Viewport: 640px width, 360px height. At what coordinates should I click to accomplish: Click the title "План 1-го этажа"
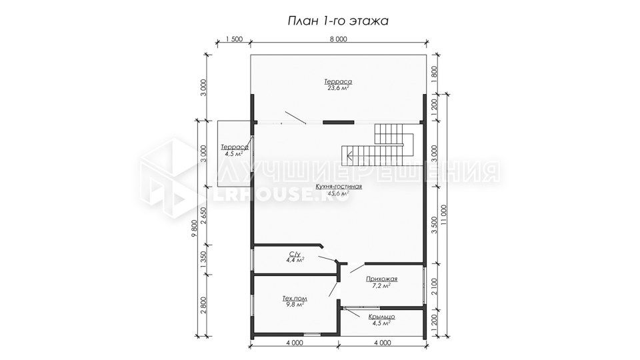[x=338, y=21]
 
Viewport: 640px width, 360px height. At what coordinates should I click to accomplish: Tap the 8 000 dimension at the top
[x=339, y=39]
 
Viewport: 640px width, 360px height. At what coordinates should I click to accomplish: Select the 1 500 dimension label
[x=234, y=39]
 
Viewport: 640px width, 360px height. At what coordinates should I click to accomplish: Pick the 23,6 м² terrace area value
[x=339, y=88]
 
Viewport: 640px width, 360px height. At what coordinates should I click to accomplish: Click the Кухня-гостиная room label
[x=339, y=187]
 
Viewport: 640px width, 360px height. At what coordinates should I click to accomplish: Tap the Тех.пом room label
[x=295, y=299]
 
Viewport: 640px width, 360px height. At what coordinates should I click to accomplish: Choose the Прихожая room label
[x=381, y=279]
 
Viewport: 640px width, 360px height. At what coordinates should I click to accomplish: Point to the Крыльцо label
[x=381, y=317]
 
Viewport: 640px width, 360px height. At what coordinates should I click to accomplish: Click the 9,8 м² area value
[x=295, y=305]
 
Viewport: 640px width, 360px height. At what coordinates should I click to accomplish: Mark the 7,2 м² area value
[x=381, y=285]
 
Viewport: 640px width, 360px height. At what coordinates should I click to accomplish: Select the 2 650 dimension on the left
[x=204, y=216]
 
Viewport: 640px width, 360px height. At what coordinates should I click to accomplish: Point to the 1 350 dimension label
[x=204, y=259]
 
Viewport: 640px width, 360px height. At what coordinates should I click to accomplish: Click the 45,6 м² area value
[x=339, y=193]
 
